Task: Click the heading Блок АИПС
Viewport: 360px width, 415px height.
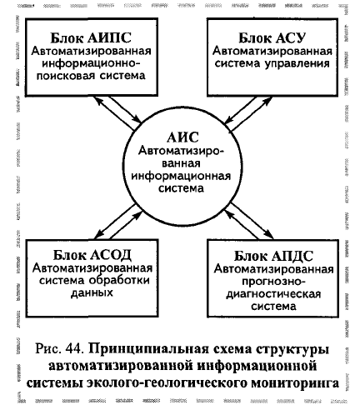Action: pyautogui.click(x=91, y=37)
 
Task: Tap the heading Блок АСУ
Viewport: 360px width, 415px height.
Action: pyautogui.click(x=272, y=37)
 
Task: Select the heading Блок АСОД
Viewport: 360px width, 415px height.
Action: pyautogui.click(x=92, y=254)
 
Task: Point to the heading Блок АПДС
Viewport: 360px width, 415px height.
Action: pyautogui.click(x=273, y=256)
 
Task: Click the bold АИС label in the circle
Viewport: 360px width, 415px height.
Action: pyautogui.click(x=182, y=137)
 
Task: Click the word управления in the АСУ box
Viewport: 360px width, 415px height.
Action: pyautogui.click(x=297, y=63)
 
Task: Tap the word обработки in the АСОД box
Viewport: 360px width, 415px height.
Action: pyautogui.click(x=119, y=280)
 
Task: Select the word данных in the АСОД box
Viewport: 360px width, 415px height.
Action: pyautogui.click(x=92, y=292)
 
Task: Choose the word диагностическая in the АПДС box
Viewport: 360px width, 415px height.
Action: pyautogui.click(x=273, y=294)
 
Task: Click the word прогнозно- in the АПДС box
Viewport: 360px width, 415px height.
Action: pyautogui.click(x=273, y=282)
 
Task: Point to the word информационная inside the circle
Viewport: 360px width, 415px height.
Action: pyautogui.click(x=181, y=176)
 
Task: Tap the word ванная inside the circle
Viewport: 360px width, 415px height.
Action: pyautogui.click(x=181, y=163)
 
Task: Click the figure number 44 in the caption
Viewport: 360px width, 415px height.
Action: pyautogui.click(x=74, y=348)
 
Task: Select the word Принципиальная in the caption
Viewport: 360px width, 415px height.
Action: pyautogui.click(x=148, y=349)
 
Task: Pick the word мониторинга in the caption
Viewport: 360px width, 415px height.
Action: pyautogui.click(x=295, y=382)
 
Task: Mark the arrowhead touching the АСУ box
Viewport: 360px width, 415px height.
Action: pyautogui.click(x=268, y=100)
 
